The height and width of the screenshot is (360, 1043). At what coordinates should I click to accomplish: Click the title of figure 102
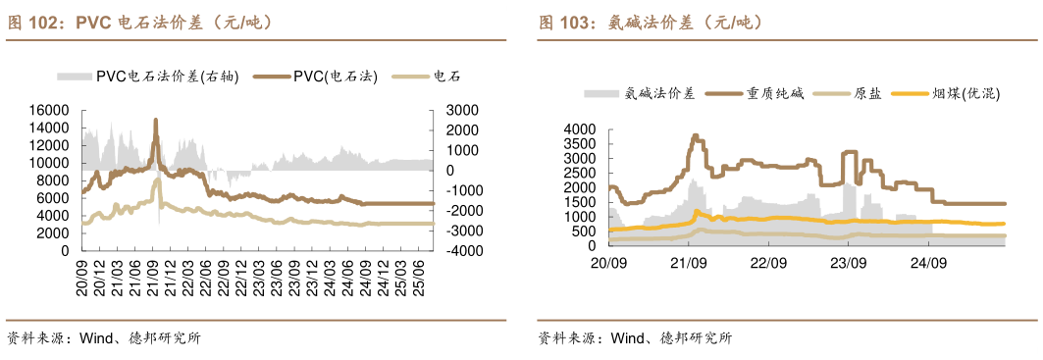click(138, 22)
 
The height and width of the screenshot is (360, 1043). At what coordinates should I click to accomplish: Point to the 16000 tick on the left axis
click(48, 110)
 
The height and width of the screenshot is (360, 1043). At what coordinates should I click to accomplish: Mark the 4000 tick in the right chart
click(580, 129)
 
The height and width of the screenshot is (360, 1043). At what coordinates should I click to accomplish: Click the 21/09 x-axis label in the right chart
click(689, 263)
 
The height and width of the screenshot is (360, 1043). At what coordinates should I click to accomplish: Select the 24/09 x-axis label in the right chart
click(928, 263)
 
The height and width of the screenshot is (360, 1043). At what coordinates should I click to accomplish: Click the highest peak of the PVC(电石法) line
click(155, 120)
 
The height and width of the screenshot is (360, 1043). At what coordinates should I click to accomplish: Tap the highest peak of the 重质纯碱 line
click(695, 135)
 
